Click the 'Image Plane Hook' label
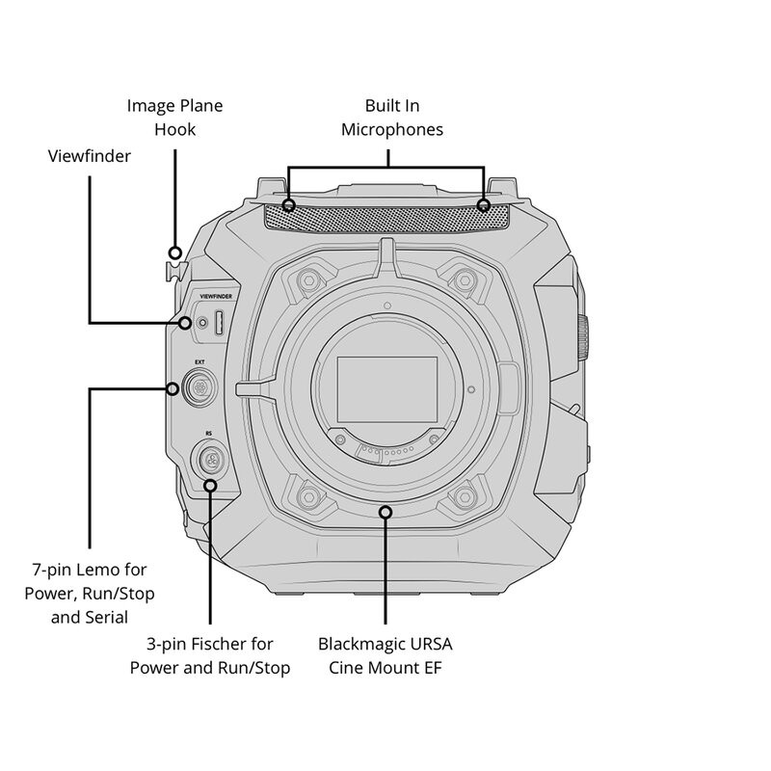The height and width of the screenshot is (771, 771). [174, 116]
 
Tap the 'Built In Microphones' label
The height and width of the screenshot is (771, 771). [392, 116]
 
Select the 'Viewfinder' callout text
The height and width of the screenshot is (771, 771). [90, 155]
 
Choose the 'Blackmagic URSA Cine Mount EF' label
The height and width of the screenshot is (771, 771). [385, 654]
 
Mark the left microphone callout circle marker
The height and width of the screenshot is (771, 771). [289, 205]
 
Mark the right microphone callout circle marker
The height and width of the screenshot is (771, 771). [484, 205]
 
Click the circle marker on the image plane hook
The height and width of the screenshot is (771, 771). [174, 253]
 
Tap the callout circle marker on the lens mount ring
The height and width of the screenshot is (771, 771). [385, 512]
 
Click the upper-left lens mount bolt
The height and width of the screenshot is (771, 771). [308, 281]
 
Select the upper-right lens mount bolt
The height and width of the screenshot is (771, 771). [465, 281]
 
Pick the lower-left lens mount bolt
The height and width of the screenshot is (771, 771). [308, 495]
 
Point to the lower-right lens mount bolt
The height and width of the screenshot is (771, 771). [465, 495]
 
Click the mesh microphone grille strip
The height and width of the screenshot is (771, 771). [385, 214]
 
